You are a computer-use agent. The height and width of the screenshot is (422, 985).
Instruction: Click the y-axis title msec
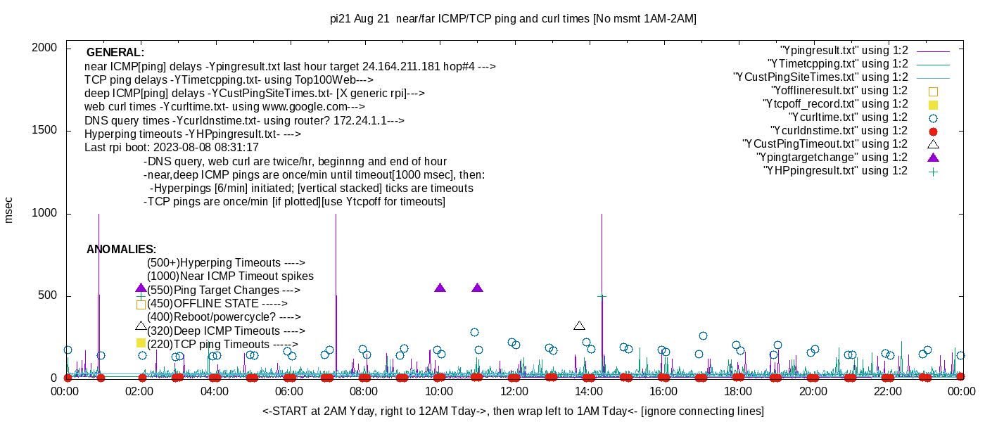8,210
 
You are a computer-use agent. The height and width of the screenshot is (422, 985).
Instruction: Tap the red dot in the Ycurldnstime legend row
934,132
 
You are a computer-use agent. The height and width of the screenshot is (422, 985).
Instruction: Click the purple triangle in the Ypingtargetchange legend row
934,158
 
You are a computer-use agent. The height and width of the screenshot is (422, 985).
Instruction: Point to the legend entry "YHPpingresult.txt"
835,171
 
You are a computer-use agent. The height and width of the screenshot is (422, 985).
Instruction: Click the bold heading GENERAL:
115,53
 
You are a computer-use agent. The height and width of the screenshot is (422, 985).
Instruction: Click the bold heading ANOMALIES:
121,250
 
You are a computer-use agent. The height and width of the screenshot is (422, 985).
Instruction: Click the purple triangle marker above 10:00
440,288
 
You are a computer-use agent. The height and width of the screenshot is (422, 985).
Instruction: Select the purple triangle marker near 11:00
478,288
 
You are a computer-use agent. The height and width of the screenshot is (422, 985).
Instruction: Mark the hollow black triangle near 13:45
579,326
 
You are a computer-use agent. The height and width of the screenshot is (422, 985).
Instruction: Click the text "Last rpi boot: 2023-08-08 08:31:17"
172,148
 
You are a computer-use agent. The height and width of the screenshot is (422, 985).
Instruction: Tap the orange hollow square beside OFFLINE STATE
141,305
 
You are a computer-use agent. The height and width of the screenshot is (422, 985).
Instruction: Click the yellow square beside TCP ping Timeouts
141,343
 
